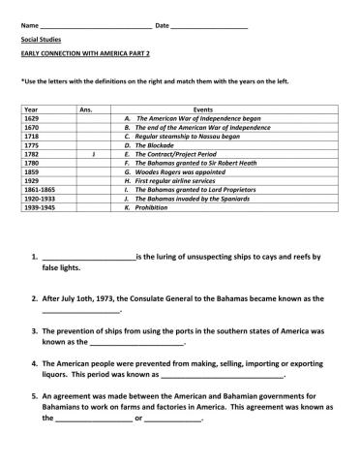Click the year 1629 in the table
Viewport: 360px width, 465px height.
(x=31, y=117)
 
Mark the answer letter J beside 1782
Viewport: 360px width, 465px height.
(x=91, y=153)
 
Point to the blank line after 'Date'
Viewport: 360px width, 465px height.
(x=208, y=26)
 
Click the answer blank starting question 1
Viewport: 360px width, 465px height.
(x=88, y=259)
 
